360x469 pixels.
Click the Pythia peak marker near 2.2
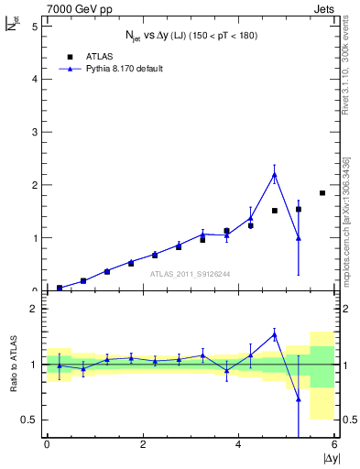point(274,174)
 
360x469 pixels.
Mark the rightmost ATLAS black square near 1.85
point(322,192)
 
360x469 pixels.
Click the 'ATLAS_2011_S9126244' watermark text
point(165,272)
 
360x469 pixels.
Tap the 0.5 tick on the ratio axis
point(29,420)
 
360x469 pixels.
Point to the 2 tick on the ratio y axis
point(33,309)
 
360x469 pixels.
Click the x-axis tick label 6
point(334,445)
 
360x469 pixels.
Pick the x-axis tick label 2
point(143,445)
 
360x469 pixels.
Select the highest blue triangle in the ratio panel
point(274,334)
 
